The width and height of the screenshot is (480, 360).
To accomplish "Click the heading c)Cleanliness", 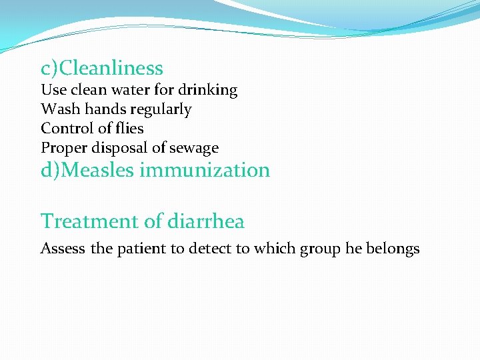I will pos(102,68).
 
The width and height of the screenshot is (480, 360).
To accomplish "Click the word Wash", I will pos(58,109).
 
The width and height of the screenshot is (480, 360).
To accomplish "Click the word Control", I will pos(65,128).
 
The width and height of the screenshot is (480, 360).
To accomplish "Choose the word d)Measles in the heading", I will pos(87,170).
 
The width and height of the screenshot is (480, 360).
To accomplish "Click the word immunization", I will pos(204,170).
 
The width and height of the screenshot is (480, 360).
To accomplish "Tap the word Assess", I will pos(63,249).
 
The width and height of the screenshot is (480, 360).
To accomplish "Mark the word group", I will pos(320,249).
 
